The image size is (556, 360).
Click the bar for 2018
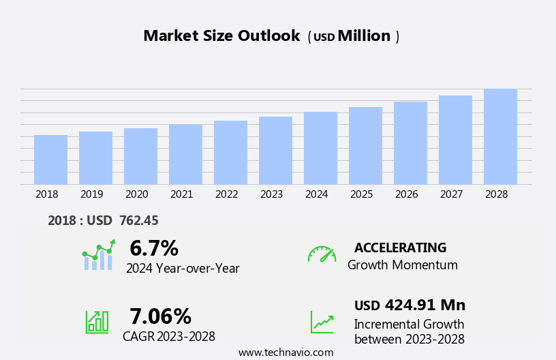(50, 160)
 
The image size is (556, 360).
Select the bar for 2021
(185, 154)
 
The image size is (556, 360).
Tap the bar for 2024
(320, 148)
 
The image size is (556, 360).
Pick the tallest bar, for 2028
(500, 136)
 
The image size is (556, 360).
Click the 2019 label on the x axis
(92, 194)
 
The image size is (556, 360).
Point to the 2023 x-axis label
(271, 194)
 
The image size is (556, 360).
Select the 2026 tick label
(406, 194)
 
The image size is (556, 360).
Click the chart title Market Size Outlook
(221, 36)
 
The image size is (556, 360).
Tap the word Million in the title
(364, 36)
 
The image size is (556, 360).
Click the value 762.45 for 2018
(139, 220)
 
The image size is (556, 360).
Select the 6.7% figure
(154, 248)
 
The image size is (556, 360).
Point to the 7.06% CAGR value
(160, 316)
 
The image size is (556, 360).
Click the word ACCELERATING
(400, 247)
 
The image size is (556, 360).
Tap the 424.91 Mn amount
(425, 305)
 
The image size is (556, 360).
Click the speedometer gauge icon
(322, 254)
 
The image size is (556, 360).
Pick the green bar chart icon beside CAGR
(97, 321)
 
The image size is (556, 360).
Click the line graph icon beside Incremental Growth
(322, 322)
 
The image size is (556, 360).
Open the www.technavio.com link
(285, 352)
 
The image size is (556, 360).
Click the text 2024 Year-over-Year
(183, 269)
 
